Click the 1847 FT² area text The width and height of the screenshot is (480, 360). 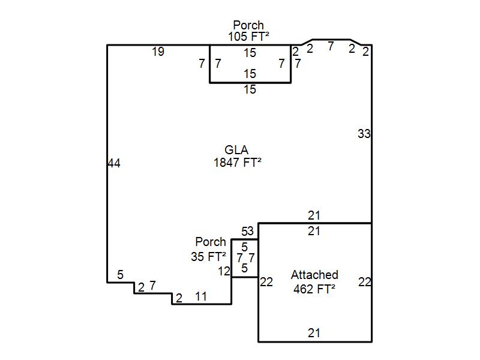pos(237,162)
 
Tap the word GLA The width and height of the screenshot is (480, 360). pos(236,150)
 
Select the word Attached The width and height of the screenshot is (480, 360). pos(314,275)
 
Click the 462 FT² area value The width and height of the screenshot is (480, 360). pos(314,288)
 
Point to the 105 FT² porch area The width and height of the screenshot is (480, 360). pos(248,37)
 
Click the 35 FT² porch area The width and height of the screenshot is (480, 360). pos(208,257)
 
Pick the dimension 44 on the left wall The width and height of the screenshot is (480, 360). pos(114,163)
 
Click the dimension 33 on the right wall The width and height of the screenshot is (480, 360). pos(364,134)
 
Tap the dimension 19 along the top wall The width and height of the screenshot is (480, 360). pos(158,52)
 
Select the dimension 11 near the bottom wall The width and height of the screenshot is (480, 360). pos(201,296)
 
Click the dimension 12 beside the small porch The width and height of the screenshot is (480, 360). pos(224,271)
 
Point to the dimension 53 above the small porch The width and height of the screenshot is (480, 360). pos(248,231)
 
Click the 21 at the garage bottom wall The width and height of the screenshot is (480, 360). pos(314,333)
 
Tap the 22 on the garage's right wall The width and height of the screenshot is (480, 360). pos(364,282)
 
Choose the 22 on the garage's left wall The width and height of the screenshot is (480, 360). pos(266,282)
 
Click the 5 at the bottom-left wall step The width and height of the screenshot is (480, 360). pos(121,275)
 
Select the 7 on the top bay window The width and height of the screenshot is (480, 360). pos(331,46)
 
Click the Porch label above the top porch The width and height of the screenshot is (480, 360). pos(248,25)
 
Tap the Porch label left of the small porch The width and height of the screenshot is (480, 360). pos(211,242)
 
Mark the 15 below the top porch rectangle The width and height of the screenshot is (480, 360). pos(250,89)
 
